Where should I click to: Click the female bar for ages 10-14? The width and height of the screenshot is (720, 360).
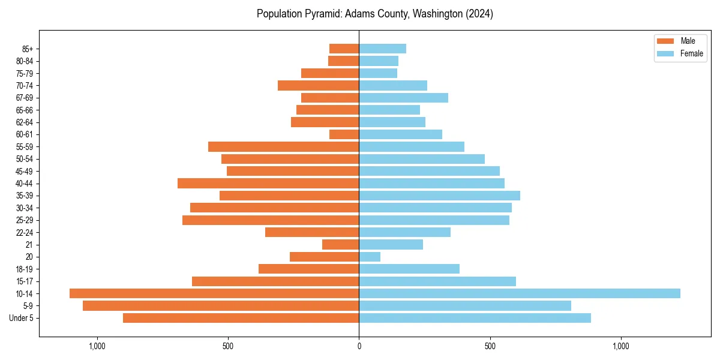[x=520, y=293]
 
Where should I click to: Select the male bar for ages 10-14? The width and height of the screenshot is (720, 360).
[x=214, y=293]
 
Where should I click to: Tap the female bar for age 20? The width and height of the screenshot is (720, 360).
[x=370, y=257]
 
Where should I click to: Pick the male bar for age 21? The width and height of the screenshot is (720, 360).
[x=341, y=244]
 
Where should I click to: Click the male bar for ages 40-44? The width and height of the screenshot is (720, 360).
[x=268, y=183]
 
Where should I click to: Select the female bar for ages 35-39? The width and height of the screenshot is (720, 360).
[x=440, y=196]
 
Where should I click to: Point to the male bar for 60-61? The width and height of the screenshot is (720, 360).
[x=344, y=134]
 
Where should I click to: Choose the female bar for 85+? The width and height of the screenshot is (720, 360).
[x=383, y=49]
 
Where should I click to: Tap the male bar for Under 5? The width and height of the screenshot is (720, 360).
[x=241, y=318]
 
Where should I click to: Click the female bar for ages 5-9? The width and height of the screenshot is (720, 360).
[x=465, y=306]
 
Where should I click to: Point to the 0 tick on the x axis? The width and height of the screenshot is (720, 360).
[x=359, y=346]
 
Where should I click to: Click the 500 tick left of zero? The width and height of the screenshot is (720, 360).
[x=228, y=346]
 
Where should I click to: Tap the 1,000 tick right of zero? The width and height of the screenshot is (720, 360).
[x=621, y=346]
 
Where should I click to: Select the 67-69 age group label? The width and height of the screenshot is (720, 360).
[x=25, y=98]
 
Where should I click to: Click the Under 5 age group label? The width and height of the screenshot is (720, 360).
[x=22, y=318]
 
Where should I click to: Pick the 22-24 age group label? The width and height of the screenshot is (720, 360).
[x=25, y=232]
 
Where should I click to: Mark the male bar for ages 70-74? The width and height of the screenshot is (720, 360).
[x=319, y=85]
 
